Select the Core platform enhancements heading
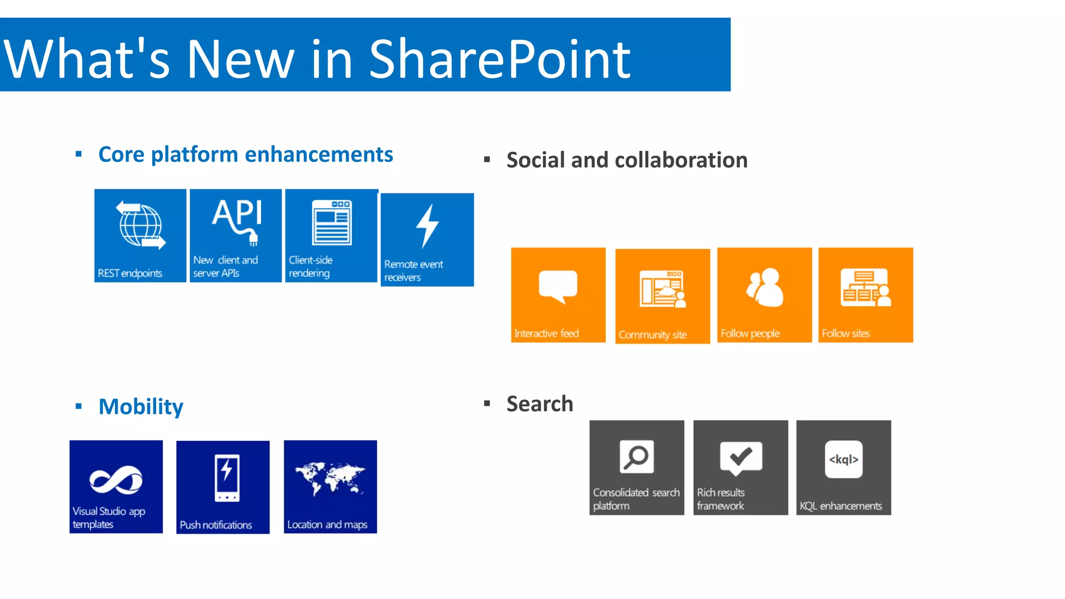(245, 154)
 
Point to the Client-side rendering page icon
(332, 223)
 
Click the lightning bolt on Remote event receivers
(427, 226)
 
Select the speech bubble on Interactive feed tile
(558, 286)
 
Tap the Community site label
(653, 335)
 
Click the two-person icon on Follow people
(764, 288)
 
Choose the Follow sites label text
(846, 333)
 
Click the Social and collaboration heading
(627, 160)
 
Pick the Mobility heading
(141, 407)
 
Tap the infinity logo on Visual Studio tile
(116, 479)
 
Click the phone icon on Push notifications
(227, 478)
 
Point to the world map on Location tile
(330, 477)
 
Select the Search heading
(540, 404)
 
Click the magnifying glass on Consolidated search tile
(637, 457)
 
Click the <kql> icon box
(843, 459)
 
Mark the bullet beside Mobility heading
(79, 406)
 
